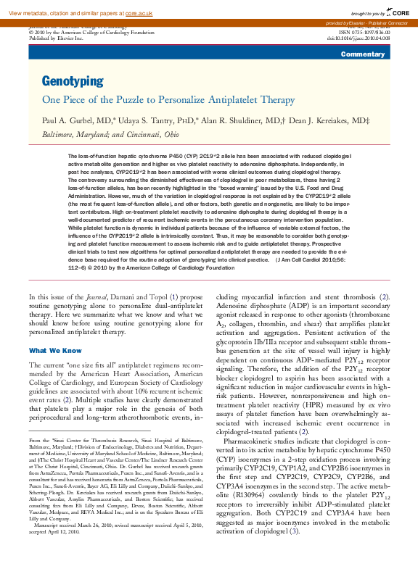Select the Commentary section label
[x=362, y=55]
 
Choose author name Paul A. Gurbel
[x=72, y=120]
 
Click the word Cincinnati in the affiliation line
[x=142, y=134]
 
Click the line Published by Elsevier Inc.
[x=56, y=38]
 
